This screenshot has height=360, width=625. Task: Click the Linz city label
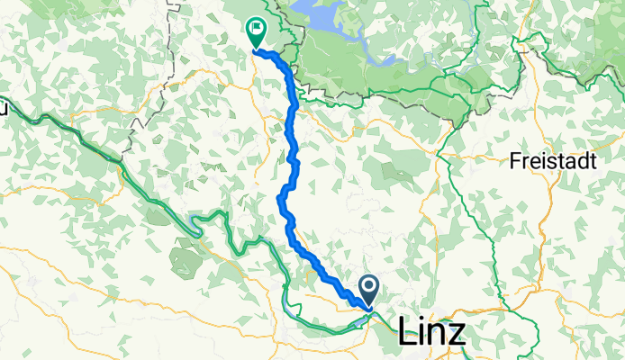432,333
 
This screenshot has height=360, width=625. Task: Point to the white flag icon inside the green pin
257,28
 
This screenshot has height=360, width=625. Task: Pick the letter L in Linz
406,333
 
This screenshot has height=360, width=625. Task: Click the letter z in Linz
457,335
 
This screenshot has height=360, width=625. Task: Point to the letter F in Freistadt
513,163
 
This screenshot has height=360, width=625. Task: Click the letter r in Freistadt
522,165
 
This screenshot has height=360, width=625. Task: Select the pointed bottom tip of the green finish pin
256,47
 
